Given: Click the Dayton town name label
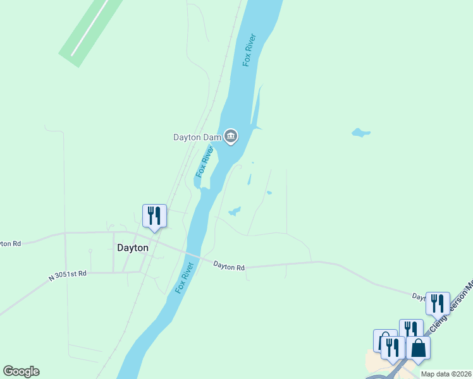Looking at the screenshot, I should [133, 248].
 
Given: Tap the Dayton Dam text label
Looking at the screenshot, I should [197, 136].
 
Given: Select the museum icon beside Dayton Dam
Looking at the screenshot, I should [231, 136].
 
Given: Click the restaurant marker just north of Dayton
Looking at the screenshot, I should [154, 216].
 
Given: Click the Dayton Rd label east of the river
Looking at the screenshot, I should [229, 267].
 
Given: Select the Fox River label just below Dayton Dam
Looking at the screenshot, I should [203, 162].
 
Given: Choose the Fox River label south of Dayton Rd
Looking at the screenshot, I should [183, 278].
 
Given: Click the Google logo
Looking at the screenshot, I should [21, 371].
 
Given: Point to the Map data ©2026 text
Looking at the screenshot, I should [446, 374].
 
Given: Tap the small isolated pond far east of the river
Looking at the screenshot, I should [360, 133].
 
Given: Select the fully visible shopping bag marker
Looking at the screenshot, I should [419, 348].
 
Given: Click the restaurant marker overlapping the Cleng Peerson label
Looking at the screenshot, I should [438, 304].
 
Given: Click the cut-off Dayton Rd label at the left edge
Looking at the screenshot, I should [11, 243].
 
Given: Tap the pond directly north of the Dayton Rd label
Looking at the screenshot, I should [234, 211].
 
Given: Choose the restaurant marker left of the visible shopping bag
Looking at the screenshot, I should [393, 348].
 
